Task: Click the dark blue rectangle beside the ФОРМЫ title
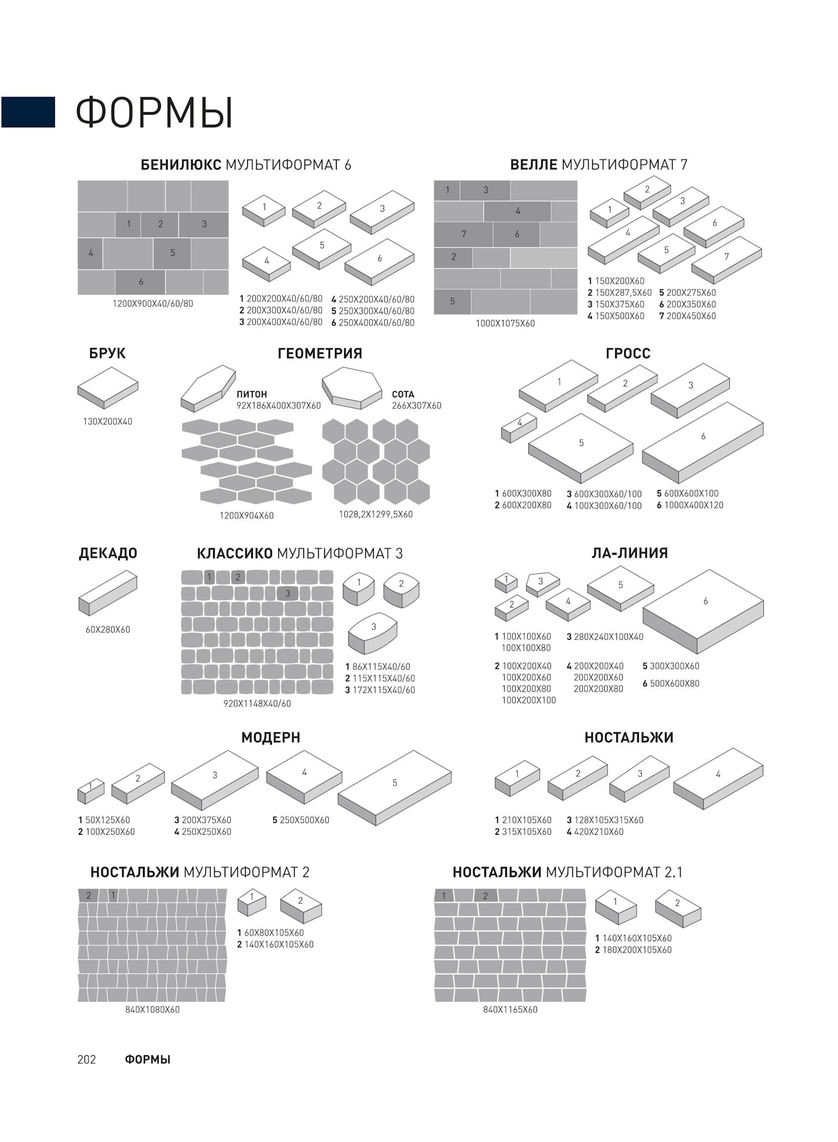(28, 112)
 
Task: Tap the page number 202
(86, 1059)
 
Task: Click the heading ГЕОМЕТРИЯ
(319, 353)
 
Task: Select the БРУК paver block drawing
(108, 387)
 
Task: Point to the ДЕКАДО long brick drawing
(108, 592)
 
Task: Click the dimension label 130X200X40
(108, 422)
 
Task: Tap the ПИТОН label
(252, 395)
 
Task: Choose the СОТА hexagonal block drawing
(351, 388)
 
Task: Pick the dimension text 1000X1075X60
(505, 323)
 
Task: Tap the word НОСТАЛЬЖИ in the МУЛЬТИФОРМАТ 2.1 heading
(497, 872)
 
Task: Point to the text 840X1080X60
(152, 1010)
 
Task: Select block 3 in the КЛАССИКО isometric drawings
(373, 632)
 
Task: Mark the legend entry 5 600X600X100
(688, 493)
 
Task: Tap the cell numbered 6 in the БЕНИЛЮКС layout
(141, 282)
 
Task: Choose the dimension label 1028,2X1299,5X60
(376, 514)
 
